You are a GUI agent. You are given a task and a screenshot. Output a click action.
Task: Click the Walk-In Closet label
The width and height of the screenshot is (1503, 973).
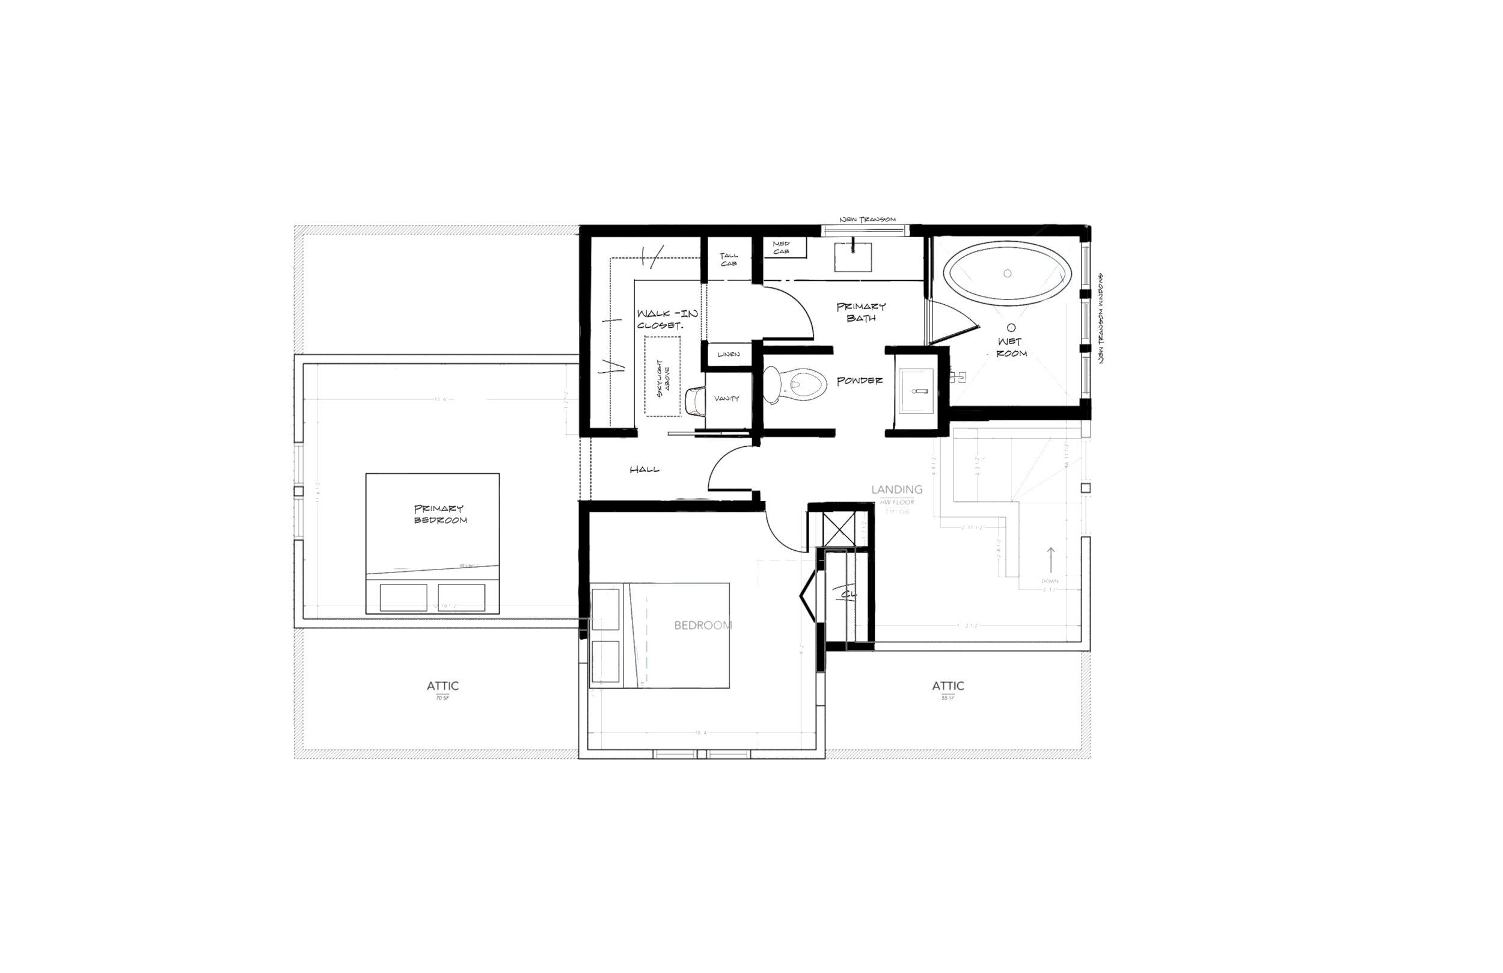click(x=667, y=320)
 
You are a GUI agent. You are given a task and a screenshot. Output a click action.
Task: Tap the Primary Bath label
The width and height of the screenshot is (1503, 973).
click(x=861, y=312)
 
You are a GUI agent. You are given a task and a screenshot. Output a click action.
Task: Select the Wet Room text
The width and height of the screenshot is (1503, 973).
click(x=1011, y=348)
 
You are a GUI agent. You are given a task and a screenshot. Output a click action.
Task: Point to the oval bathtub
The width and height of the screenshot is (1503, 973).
click(x=1007, y=273)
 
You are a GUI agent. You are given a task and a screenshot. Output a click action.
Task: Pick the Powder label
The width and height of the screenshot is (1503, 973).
click(x=859, y=381)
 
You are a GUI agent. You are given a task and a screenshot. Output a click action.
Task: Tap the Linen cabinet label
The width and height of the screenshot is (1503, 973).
click(x=728, y=354)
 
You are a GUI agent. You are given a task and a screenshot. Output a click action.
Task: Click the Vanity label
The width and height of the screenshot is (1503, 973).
click(x=726, y=399)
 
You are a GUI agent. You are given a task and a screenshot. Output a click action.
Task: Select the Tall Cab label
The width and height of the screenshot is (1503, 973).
click(x=728, y=260)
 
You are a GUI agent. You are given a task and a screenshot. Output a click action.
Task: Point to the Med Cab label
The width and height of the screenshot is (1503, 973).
click(x=781, y=248)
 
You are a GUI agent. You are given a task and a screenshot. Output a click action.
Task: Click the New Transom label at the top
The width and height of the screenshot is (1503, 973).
click(x=867, y=220)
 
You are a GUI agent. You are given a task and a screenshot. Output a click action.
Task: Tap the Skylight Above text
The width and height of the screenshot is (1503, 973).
click(x=663, y=377)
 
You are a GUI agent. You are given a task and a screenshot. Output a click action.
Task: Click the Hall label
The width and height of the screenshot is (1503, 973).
click(x=644, y=470)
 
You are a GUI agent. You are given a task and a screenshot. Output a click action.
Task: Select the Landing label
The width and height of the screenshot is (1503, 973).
click(x=897, y=490)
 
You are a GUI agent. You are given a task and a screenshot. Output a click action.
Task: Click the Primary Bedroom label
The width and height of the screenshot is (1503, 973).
click(x=439, y=514)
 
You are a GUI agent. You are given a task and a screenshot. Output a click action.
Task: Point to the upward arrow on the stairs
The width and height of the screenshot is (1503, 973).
click(x=1051, y=560)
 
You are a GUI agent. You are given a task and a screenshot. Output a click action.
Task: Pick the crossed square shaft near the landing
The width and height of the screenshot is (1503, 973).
click(x=839, y=529)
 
